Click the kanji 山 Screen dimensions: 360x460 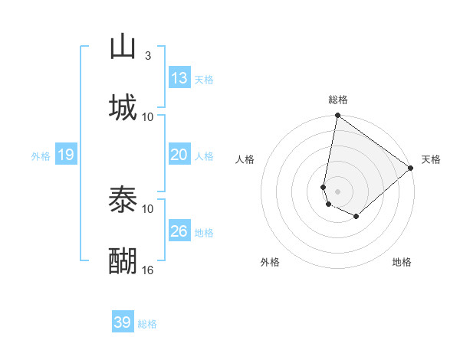[123, 46]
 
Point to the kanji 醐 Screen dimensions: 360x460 [123, 261]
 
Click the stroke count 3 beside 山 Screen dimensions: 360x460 [148, 56]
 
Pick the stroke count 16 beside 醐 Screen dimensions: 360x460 [148, 270]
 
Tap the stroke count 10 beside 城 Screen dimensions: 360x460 [148, 116]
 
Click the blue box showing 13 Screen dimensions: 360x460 [179, 78]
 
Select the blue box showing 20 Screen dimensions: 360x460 [179, 155]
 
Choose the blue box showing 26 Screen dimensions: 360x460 [179, 231]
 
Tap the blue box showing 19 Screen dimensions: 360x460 [66, 155]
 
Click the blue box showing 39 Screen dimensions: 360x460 [123, 322]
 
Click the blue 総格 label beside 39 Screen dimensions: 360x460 [147, 324]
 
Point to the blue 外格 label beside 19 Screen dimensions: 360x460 [41, 156]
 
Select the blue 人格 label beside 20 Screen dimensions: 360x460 [204, 156]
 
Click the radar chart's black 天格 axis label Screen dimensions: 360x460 [431, 159]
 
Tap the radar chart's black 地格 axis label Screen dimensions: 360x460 [402, 262]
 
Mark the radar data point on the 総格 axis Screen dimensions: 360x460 [337, 116]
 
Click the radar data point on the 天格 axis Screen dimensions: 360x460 [411, 169]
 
